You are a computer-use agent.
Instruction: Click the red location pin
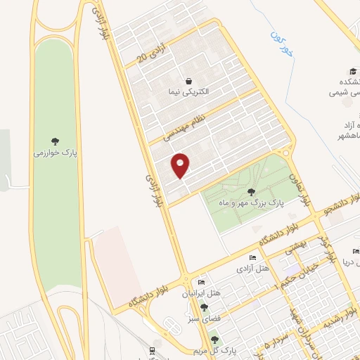(x=181, y=165)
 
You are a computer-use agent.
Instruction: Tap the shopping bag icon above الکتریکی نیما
(x=188, y=81)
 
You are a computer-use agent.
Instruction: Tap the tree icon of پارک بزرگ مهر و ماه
(x=251, y=191)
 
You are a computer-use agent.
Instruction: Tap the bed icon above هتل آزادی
(x=253, y=259)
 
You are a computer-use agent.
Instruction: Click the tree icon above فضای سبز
(x=204, y=307)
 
